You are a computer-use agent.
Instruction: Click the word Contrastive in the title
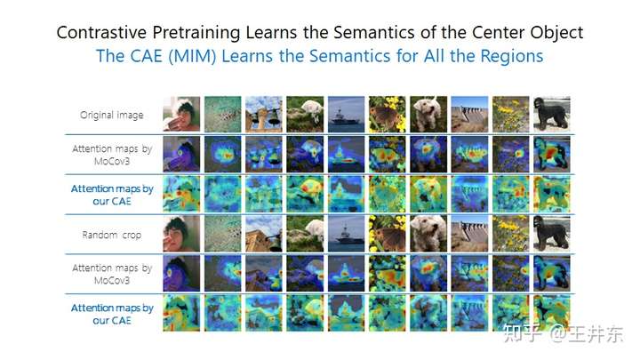point(101,32)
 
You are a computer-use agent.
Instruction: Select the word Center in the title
point(496,32)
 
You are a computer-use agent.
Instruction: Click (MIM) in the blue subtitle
point(192,56)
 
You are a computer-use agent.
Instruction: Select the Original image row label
point(111,115)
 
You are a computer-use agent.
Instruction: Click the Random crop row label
point(111,235)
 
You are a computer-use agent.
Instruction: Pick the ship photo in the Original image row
point(346,115)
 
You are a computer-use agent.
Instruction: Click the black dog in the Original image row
point(552,115)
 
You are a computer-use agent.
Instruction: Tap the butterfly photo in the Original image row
point(388,115)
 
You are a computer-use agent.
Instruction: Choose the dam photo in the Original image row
point(469,115)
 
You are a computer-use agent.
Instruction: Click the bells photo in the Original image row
point(264,115)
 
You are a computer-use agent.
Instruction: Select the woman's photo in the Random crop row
point(181,234)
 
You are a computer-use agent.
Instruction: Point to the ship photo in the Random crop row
point(346,234)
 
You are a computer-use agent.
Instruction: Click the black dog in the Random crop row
point(552,234)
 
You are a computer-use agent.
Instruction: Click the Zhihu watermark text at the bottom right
point(564,333)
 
